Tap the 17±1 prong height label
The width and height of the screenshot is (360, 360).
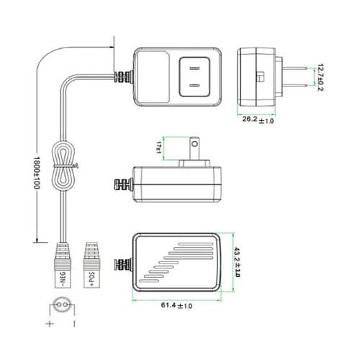point(161,148)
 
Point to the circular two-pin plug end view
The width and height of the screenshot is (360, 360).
point(61,305)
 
